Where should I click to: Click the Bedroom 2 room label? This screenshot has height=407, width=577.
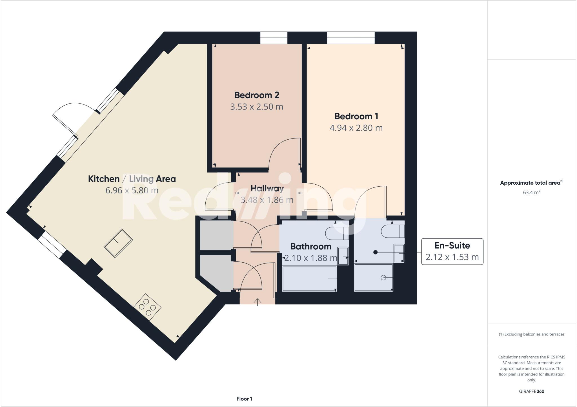(x=257, y=95)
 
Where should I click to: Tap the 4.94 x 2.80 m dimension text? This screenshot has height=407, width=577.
(x=356, y=128)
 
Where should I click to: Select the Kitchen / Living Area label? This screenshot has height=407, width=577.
(x=132, y=179)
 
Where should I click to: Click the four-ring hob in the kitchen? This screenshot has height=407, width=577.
(x=147, y=307)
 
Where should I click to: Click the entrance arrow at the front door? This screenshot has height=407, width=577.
(x=258, y=302)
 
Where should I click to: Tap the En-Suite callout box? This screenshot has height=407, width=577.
(x=452, y=251)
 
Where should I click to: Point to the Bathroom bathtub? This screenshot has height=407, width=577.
(x=309, y=279)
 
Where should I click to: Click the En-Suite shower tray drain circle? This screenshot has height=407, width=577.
(x=383, y=278)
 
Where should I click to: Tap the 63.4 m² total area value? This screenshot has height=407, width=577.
(x=531, y=193)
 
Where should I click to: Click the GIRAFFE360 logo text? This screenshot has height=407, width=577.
(x=531, y=391)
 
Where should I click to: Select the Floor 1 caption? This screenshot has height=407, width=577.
(x=244, y=399)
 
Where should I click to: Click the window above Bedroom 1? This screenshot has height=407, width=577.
(x=351, y=38)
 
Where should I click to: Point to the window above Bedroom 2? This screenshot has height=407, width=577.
(x=274, y=38)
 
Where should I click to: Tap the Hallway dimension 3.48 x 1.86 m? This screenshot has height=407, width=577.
(x=267, y=200)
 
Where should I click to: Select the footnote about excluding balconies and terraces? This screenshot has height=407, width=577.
(x=531, y=334)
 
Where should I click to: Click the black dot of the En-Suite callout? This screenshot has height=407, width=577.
(x=375, y=252)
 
